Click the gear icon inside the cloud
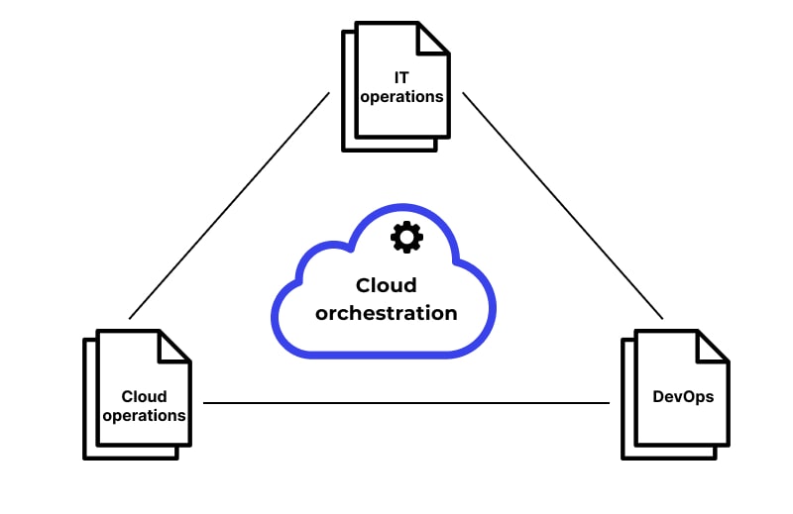pyautogui.click(x=406, y=238)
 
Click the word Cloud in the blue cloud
pyautogui.click(x=386, y=285)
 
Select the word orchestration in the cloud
pyautogui.click(x=386, y=313)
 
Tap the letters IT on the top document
pyautogui.click(x=400, y=77)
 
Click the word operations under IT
pyautogui.click(x=400, y=97)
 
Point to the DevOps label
pyautogui.click(x=683, y=396)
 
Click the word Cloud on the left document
pyautogui.click(x=144, y=396)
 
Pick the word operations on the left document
pyautogui.click(x=144, y=416)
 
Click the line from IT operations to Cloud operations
pyautogui.click(x=229, y=205)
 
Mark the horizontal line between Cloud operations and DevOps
pyautogui.click(x=406, y=403)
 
